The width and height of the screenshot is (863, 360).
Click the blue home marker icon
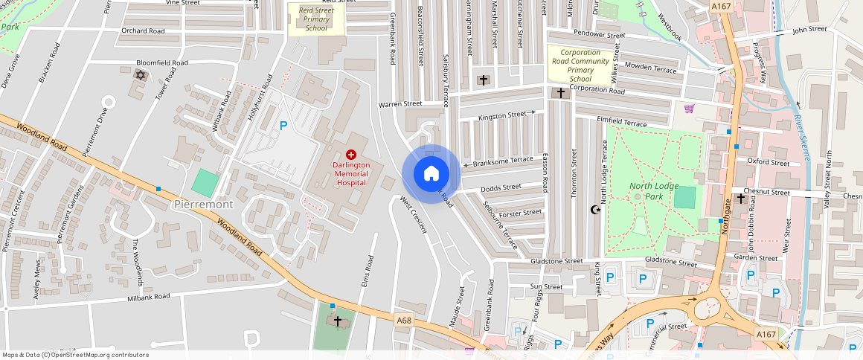(431, 174)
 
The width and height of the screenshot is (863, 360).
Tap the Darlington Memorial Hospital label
(352, 173)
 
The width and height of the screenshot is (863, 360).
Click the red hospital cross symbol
(351, 154)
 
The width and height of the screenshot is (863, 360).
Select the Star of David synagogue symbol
(139, 74)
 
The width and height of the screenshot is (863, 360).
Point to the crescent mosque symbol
(594, 210)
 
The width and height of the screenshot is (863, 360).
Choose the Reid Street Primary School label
(315, 19)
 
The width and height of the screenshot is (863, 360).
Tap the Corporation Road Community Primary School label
(580, 65)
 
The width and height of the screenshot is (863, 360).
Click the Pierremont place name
(203, 204)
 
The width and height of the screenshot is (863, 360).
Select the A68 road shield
(404, 321)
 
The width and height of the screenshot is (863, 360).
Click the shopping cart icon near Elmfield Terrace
(689, 109)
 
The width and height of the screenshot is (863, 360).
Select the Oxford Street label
(768, 162)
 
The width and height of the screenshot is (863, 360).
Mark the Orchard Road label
(143, 31)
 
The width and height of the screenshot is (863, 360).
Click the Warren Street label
(400, 104)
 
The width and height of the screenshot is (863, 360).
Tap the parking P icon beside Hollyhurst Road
(283, 126)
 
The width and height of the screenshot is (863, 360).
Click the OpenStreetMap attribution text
(74, 355)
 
